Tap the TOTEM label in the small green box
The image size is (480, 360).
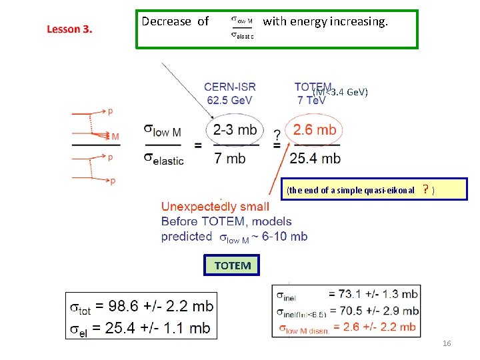(x=233, y=265)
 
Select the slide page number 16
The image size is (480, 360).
(x=447, y=343)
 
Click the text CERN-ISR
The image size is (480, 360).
(x=229, y=87)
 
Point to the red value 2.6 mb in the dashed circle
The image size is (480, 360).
(x=315, y=130)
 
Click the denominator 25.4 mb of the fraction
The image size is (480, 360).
(x=315, y=159)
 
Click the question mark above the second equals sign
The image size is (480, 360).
(x=276, y=134)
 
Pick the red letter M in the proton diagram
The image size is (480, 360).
(x=115, y=137)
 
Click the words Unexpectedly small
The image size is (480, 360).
(x=215, y=207)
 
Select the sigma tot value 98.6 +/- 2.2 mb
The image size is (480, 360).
(x=155, y=307)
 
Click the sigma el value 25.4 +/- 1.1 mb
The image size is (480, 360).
(x=155, y=327)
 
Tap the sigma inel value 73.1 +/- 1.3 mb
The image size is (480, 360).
(x=373, y=294)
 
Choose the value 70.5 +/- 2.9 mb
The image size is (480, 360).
(x=373, y=310)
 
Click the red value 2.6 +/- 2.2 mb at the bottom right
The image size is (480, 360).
(x=375, y=326)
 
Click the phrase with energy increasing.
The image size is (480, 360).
(x=325, y=22)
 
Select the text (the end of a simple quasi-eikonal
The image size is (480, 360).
(x=351, y=191)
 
